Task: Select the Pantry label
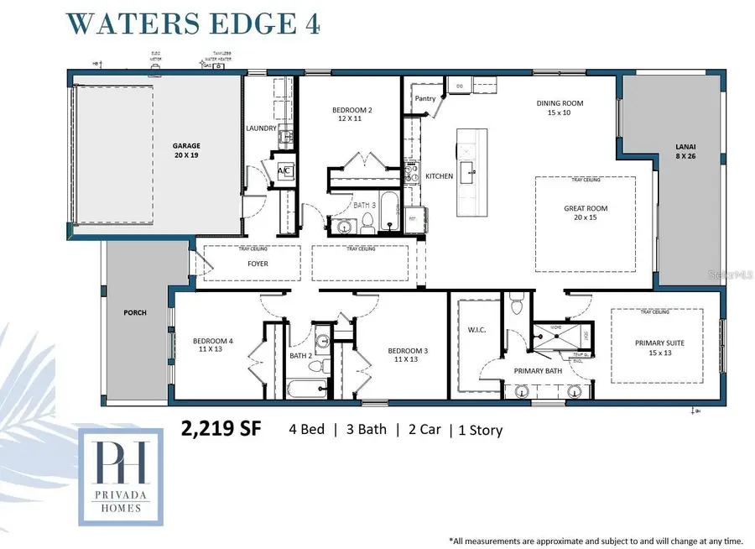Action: pos(425,98)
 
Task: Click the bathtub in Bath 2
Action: pos(307,388)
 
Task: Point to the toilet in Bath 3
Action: pos(367,222)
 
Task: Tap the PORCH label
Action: pos(135,312)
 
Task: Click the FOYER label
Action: pos(258,263)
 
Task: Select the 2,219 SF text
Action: pos(221,428)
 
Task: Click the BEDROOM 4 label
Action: pos(213,345)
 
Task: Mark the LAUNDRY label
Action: pos(261,128)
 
